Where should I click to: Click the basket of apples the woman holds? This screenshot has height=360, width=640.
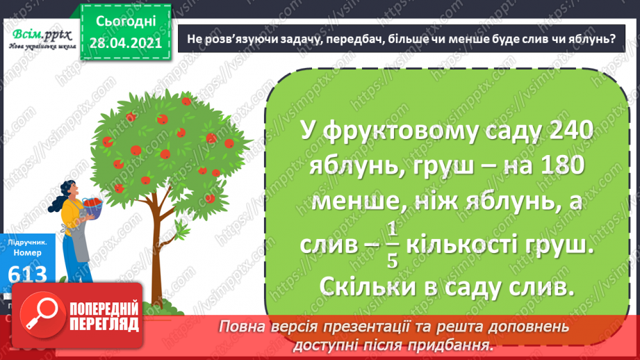(x=92, y=205)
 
